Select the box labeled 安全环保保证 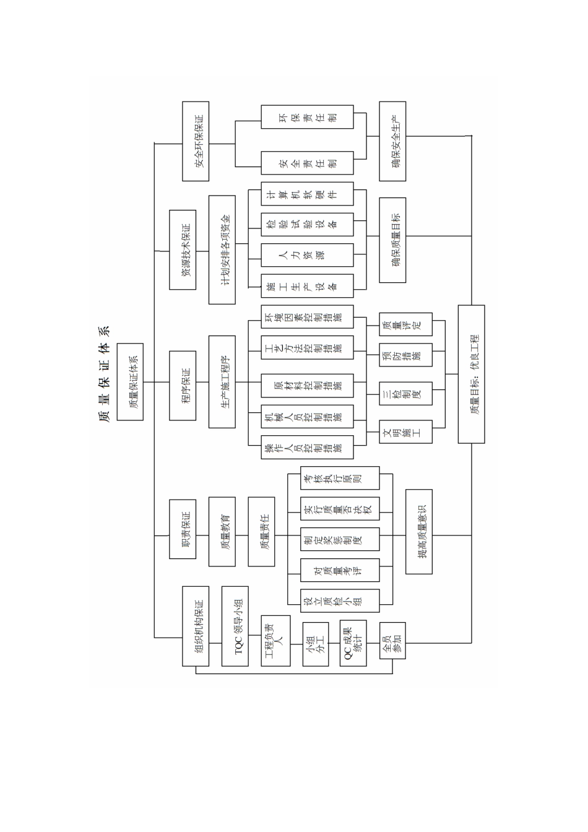pos(196,141)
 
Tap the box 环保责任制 pos(307,117)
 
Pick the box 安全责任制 pos(307,163)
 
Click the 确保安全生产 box pos(392,141)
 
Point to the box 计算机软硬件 pos(307,194)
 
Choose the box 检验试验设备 pos(307,224)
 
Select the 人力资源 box pos(307,255)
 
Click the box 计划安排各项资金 pos(222,249)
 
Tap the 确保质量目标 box pos(392,240)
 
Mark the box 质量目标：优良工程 pos(471,374)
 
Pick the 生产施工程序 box pos(222,382)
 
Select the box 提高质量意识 pos(419,532)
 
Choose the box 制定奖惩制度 pos(340,540)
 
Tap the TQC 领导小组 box pos(235,625)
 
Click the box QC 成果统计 pos(353,643)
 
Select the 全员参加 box pos(392,640)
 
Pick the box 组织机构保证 pos(196,625)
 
